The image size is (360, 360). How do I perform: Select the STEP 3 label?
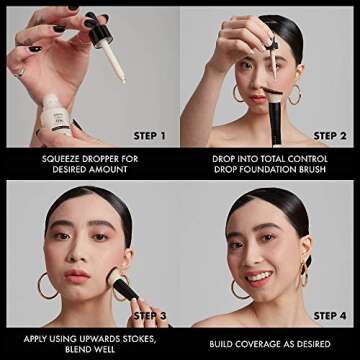[x=149, y=314]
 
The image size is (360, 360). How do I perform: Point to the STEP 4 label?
[x=329, y=314]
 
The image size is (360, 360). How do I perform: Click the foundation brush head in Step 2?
[x=269, y=98]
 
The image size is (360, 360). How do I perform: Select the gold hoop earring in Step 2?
[x=295, y=95]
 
